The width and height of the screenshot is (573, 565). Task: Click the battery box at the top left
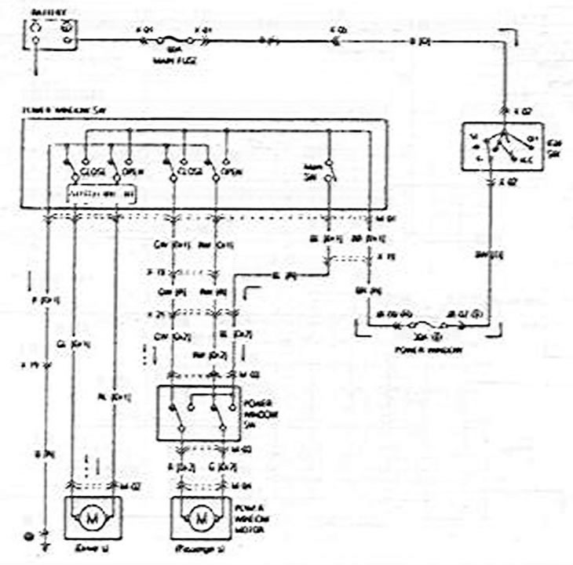tap(51, 32)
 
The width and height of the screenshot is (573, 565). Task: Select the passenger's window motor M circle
tap(202, 518)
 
